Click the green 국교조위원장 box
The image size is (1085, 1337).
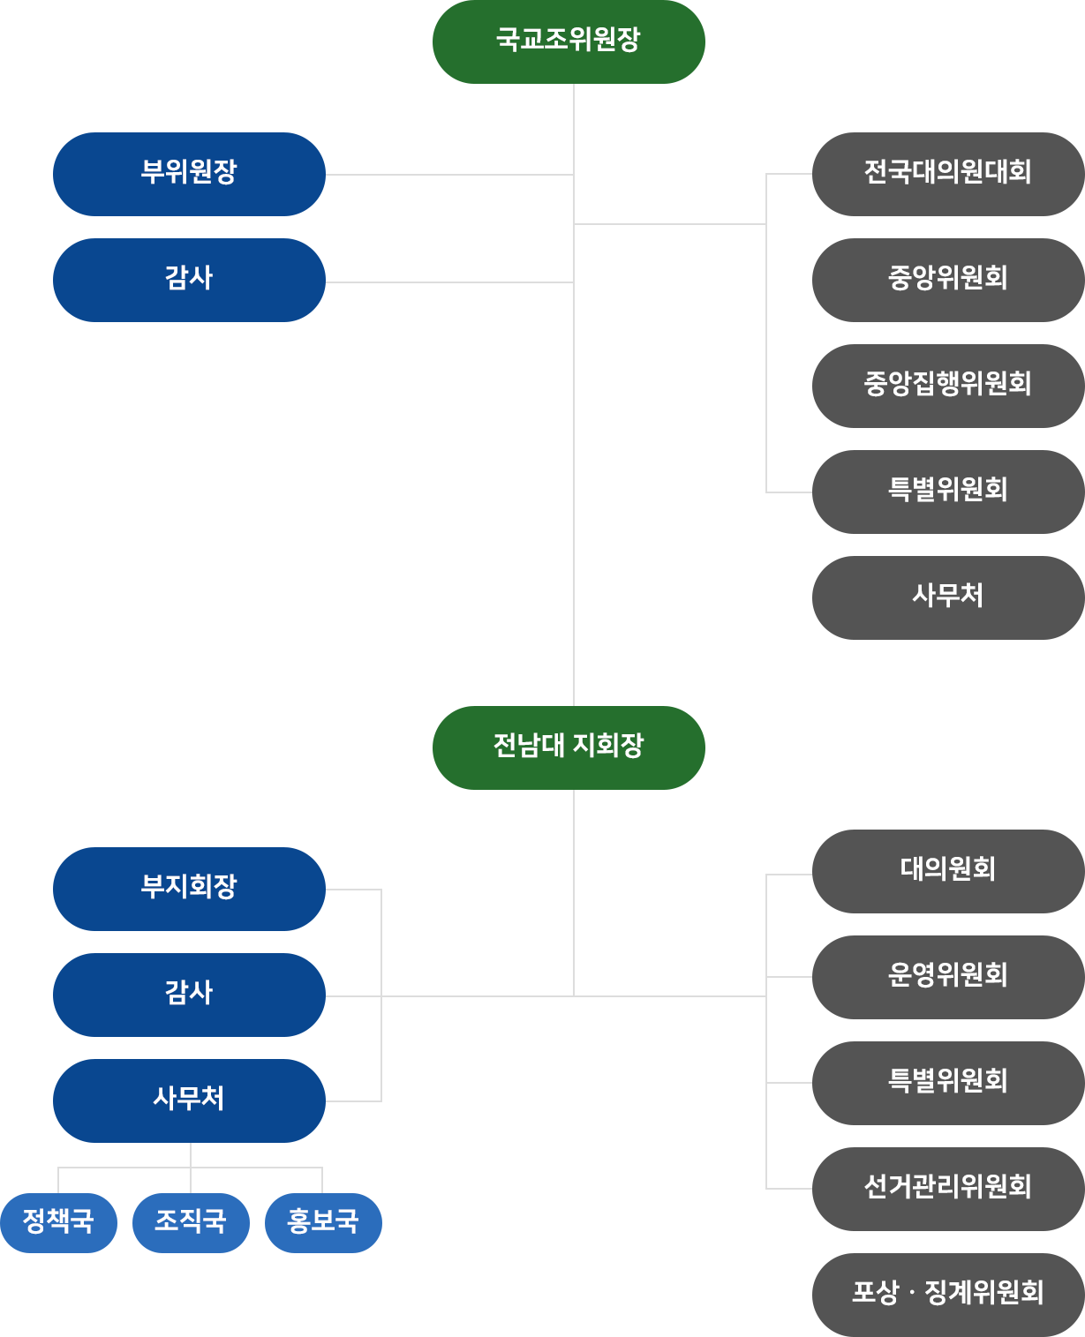[x=568, y=41]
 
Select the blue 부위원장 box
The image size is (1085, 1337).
[x=189, y=173]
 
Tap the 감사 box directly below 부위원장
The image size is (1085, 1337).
[x=189, y=279]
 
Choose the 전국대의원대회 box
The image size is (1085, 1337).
[x=946, y=174]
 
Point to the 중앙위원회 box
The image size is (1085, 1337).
[x=946, y=279]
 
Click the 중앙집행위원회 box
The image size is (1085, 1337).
[x=946, y=385]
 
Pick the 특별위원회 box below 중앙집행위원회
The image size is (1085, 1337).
[x=946, y=491]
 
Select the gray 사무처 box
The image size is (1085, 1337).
[x=946, y=597]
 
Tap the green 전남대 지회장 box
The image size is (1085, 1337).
[x=568, y=747]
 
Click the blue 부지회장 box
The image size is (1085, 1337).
[x=189, y=888]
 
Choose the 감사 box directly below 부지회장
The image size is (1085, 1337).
[x=189, y=994]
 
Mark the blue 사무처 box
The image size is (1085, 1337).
[x=189, y=1100]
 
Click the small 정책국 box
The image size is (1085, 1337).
[x=58, y=1222]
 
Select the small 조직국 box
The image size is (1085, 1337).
[x=191, y=1222]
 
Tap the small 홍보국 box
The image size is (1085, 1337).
[x=323, y=1222]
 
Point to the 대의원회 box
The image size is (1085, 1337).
[x=946, y=870]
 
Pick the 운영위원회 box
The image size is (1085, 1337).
[x=946, y=976]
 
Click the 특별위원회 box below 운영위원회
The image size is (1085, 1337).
[x=946, y=1082]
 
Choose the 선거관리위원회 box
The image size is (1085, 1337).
[x=946, y=1188]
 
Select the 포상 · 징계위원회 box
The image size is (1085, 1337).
[x=946, y=1294]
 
